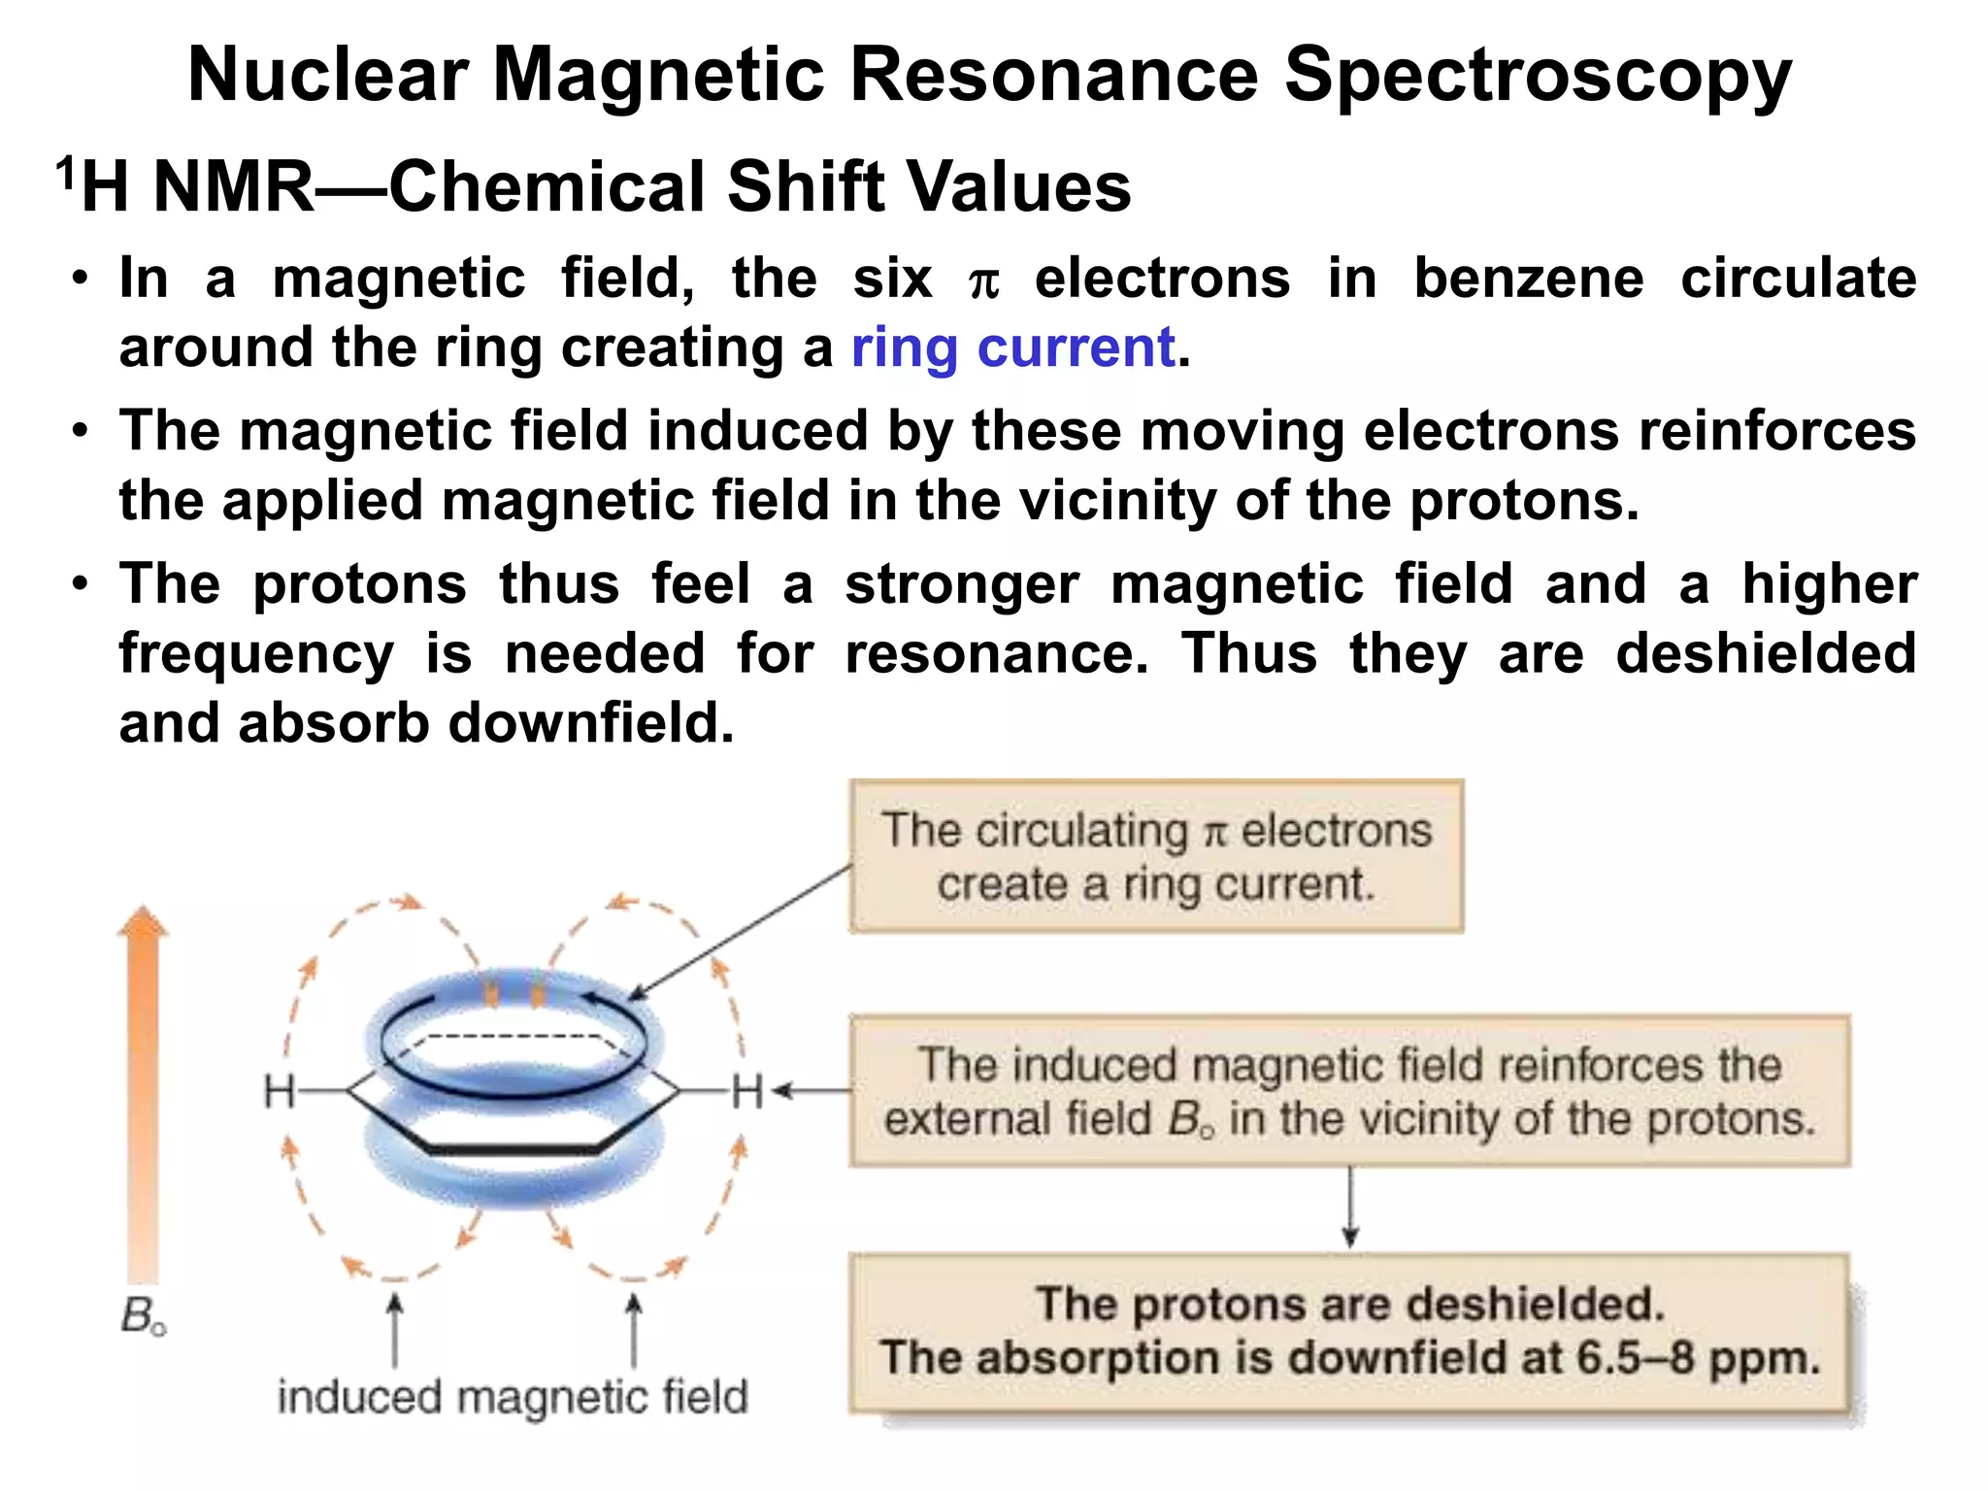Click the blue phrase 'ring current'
pos(1012,348)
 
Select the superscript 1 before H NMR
pos(65,173)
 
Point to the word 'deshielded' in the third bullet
pos(1765,653)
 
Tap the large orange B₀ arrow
pos(143,1087)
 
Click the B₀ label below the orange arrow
pos(143,1316)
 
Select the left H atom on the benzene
pos(279,1091)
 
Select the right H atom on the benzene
pos(747,1091)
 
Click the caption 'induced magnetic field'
pos(513,1398)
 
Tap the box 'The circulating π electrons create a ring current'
pos(1155,856)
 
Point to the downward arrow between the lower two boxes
pos(1349,1208)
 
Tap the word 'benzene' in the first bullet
pos(1528,279)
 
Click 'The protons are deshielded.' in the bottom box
pos(1349,1304)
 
